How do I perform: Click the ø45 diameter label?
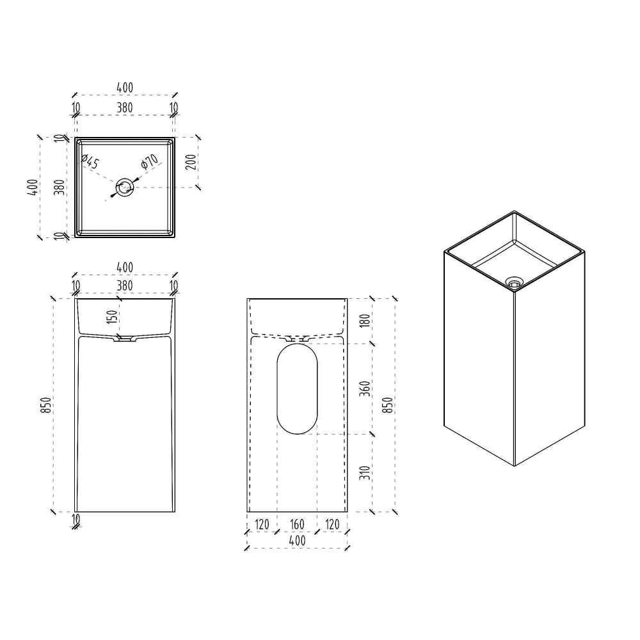(x=90, y=162)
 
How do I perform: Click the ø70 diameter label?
(x=150, y=161)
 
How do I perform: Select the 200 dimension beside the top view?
(x=191, y=162)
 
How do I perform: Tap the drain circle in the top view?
(x=125, y=188)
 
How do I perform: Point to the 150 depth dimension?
(x=112, y=317)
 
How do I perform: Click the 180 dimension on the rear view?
(x=365, y=320)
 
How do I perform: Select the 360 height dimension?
(x=365, y=388)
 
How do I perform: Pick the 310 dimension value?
(x=365, y=473)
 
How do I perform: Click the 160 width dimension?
(x=297, y=524)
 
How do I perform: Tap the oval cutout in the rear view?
(x=297, y=388)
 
